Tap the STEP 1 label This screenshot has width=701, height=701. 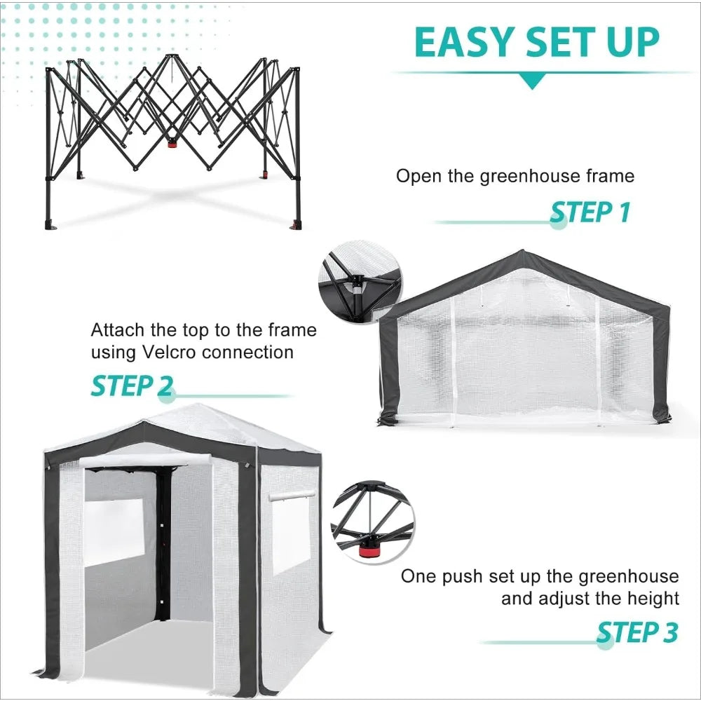pyautogui.click(x=590, y=212)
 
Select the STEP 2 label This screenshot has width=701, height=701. pyautogui.click(x=132, y=386)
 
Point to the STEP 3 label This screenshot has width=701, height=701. pyautogui.click(x=637, y=633)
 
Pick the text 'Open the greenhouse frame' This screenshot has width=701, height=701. pyautogui.click(x=515, y=175)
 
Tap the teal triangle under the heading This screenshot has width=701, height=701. pyautogui.click(x=533, y=82)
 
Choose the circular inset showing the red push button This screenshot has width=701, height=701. pyautogui.click(x=372, y=523)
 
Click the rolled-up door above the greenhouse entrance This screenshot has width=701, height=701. pyautogui.click(x=145, y=461)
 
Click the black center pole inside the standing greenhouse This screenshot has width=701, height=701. pyautogui.click(x=163, y=540)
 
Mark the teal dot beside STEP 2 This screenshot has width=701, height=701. pyautogui.click(x=167, y=395)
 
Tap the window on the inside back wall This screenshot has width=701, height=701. pyautogui.click(x=114, y=530)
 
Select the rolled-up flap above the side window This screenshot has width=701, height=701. pyautogui.click(x=291, y=496)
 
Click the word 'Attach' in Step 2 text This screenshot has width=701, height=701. pyautogui.click(x=118, y=329)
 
